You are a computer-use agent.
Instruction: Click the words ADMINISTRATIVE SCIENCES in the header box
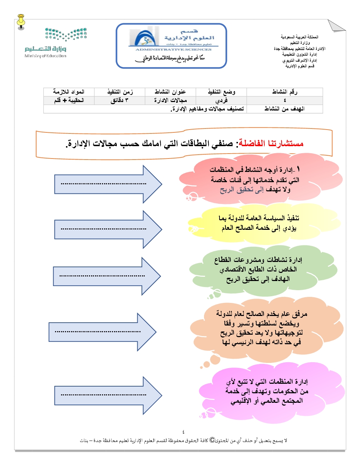coord(173,49)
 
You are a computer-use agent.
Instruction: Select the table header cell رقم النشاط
coord(284,92)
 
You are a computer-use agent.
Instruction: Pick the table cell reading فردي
coord(221,100)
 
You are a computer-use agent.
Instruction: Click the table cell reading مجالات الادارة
coord(170,100)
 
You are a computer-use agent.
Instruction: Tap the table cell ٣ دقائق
coord(119,100)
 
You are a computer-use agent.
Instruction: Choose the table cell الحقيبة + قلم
coord(69,100)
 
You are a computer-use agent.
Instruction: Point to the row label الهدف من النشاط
coord(284,109)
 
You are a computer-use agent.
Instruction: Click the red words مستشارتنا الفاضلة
coord(271,143)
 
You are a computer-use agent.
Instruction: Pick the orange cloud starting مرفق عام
coord(263,328)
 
